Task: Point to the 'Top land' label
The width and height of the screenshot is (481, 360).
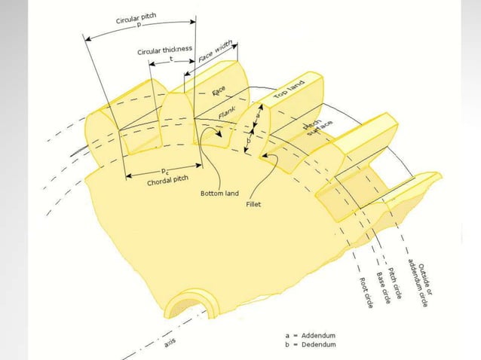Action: tap(290, 92)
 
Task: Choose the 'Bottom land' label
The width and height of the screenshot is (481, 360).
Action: tap(219, 194)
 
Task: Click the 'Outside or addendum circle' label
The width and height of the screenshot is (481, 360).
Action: tap(417, 280)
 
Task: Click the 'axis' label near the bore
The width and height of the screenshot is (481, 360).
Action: tap(170, 343)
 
